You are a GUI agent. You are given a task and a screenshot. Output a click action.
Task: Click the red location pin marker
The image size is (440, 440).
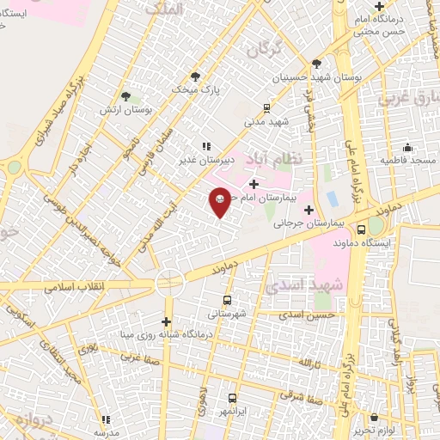click(x=220, y=201)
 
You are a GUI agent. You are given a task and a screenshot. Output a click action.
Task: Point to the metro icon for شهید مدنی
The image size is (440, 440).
click(x=266, y=108)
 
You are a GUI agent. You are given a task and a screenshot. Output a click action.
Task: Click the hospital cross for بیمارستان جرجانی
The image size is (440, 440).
click(x=308, y=209)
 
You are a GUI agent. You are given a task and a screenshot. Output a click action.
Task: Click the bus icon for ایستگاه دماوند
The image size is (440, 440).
click(x=361, y=229)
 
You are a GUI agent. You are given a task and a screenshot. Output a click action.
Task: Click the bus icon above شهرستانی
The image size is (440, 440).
click(x=227, y=300)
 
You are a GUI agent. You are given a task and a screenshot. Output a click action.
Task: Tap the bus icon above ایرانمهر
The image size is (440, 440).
click(x=232, y=398)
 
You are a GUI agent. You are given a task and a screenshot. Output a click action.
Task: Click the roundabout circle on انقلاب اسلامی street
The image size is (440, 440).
click(x=169, y=281)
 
